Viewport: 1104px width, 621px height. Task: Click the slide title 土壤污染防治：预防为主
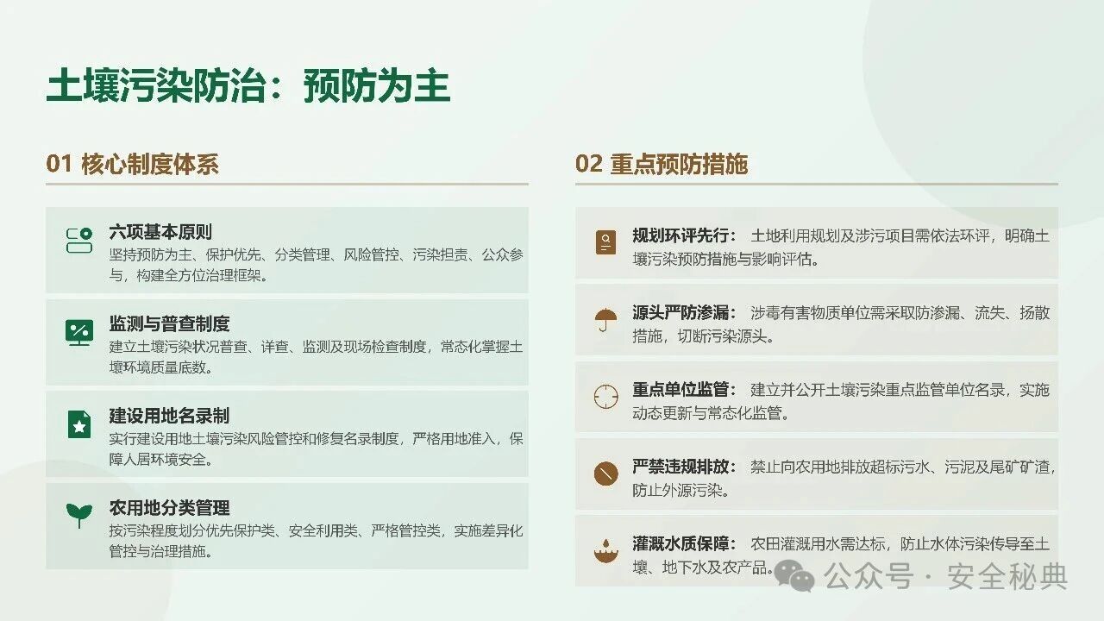coord(248,85)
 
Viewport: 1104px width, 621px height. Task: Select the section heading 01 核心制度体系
coord(132,164)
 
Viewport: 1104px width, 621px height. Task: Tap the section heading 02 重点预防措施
coord(662,164)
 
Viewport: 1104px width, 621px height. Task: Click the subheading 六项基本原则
coord(160,232)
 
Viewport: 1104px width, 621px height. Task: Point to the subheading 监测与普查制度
coord(169,323)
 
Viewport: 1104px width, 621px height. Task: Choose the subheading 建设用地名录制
coord(169,416)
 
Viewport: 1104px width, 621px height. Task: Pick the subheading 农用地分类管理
coord(169,508)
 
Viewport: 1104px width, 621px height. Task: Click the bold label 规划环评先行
coord(681,235)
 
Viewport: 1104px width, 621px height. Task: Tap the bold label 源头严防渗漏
coord(681,312)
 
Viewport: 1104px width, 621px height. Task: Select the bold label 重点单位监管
coord(681,389)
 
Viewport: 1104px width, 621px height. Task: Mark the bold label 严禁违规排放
coord(681,467)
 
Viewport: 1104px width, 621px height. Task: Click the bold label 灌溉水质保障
coord(681,543)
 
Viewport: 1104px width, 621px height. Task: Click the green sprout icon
coord(78,515)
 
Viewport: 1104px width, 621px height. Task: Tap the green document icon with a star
coord(78,424)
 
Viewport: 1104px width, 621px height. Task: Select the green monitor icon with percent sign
coord(78,333)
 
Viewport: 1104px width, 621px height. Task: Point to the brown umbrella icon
coord(605,320)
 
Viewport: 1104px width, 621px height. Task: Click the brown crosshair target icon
coord(605,397)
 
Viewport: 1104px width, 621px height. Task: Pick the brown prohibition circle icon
coord(605,474)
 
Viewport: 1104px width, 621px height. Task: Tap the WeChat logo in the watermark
coord(794,575)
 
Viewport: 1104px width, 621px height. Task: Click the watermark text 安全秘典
coord(1007,575)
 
